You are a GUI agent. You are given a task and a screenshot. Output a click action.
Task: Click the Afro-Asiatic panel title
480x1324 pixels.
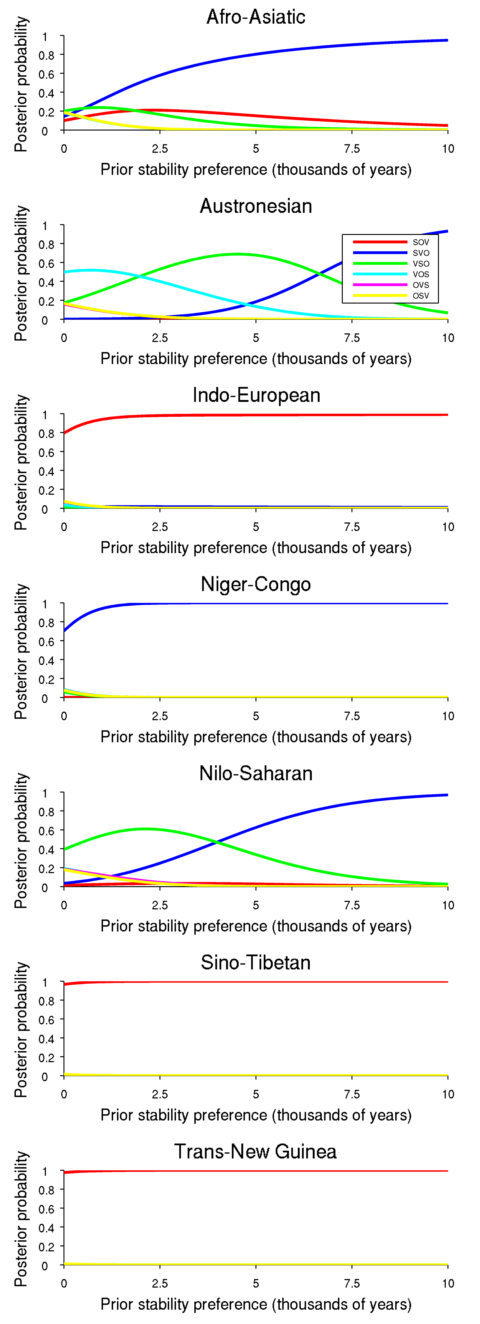tap(256, 17)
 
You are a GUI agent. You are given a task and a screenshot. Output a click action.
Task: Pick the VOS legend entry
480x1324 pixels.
tap(391, 274)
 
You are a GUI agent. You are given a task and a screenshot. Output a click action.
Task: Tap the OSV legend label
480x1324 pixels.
tap(420, 296)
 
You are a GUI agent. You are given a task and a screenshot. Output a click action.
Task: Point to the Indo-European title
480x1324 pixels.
tap(256, 395)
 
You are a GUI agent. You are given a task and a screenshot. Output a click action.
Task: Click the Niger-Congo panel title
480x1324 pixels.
tap(256, 584)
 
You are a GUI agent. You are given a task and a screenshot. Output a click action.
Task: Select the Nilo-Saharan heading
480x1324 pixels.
tap(256, 774)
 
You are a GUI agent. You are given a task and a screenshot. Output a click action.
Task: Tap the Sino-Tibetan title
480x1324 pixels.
tap(256, 963)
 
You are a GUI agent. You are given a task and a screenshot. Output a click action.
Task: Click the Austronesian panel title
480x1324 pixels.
tap(256, 206)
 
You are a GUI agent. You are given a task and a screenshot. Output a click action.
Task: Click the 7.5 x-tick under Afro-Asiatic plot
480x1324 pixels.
tap(352, 149)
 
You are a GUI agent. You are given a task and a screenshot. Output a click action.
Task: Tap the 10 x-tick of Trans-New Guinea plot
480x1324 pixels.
tap(448, 1283)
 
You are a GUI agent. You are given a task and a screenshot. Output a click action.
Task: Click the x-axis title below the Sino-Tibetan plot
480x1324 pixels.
tap(256, 1115)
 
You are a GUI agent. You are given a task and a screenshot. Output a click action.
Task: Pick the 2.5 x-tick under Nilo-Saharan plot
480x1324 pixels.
tap(160, 905)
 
